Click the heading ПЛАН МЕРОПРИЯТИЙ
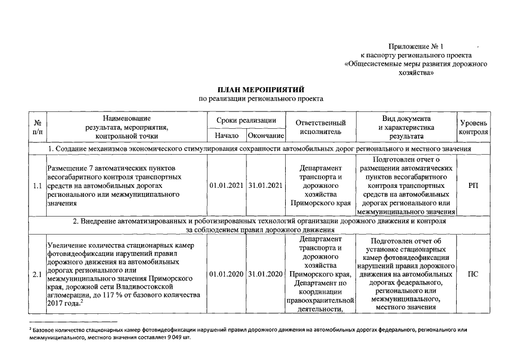point(261,89)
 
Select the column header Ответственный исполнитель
point(321,127)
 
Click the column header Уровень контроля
point(474,127)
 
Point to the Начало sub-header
point(227,136)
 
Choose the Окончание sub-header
point(266,136)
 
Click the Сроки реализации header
point(246,120)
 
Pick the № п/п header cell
point(38,127)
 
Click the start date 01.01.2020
point(227,274)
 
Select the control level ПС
point(474,274)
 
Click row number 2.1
point(38,274)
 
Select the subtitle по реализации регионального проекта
point(261,99)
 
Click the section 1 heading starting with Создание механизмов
point(259,148)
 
